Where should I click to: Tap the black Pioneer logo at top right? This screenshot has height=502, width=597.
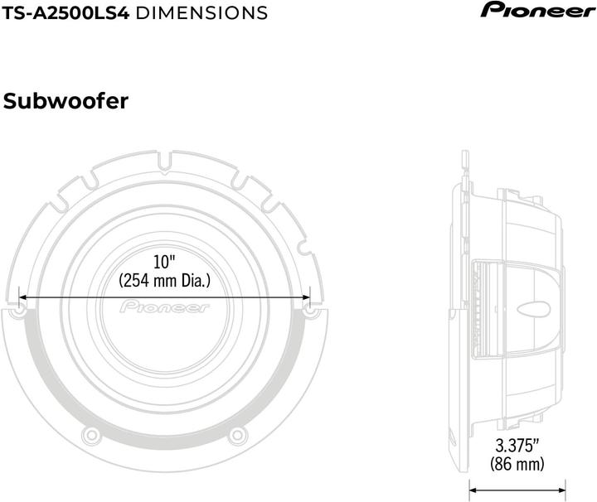pos(539,10)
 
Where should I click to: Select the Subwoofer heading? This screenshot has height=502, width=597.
pos(66,102)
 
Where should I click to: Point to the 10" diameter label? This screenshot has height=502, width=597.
pos(165,262)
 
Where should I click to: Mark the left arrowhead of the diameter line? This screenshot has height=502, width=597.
pos(22,297)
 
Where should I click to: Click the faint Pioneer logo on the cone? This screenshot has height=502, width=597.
pos(165,307)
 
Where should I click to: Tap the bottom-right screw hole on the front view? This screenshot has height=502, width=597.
pos(236,434)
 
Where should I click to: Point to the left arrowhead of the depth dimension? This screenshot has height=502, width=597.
pos(473,488)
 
